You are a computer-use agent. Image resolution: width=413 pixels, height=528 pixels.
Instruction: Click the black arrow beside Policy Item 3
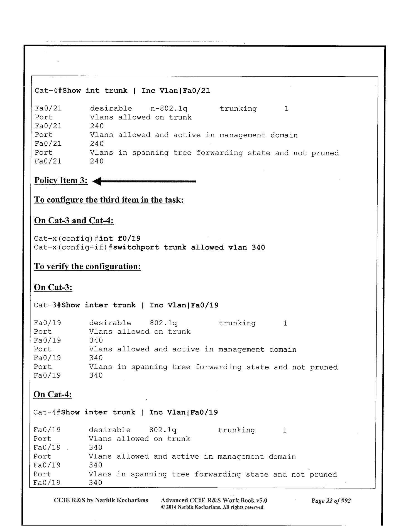[x=144, y=182]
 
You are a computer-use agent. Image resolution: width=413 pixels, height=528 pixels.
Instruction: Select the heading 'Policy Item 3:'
[x=61, y=180]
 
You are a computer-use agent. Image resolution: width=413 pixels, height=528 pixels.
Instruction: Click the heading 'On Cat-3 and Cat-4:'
[x=74, y=221]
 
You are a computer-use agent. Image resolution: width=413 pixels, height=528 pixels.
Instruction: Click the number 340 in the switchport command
[x=258, y=248]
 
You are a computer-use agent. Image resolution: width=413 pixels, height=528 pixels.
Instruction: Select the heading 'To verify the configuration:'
[x=87, y=267]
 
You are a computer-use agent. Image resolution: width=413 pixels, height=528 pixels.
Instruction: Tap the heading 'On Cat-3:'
[x=53, y=287]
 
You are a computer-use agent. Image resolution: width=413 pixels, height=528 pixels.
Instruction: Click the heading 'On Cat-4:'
[x=53, y=394]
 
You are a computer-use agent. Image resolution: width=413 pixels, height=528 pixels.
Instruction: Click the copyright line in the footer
[x=212, y=507]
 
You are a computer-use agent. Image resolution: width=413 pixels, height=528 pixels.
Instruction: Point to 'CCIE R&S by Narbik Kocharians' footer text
[x=101, y=500]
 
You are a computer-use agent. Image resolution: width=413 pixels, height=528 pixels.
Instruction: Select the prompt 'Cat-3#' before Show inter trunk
[x=47, y=305]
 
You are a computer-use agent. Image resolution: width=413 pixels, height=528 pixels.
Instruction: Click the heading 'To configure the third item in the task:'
[x=109, y=200]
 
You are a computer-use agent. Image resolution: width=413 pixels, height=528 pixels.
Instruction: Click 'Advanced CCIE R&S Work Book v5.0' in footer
[x=214, y=500]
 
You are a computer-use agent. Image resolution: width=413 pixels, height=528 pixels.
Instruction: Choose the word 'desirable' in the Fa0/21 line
[x=111, y=109]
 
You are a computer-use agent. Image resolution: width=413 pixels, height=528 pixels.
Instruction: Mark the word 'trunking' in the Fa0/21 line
[x=238, y=109]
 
